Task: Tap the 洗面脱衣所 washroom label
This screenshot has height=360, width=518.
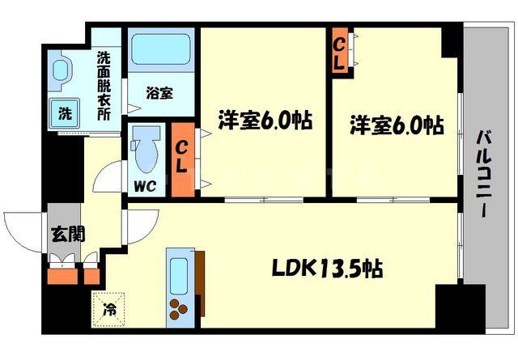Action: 104,85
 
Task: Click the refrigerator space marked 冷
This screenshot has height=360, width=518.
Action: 108,307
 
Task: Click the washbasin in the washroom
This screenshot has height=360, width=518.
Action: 62,71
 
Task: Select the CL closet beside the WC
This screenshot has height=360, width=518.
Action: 183,158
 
